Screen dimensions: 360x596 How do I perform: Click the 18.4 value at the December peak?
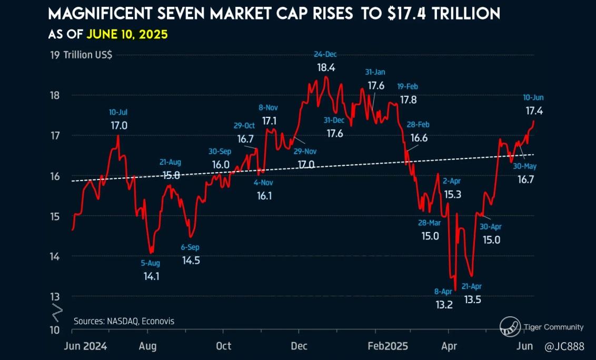[x=326, y=67]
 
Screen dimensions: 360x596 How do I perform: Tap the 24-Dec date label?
[x=325, y=55]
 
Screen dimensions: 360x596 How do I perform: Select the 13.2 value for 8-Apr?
[x=444, y=305]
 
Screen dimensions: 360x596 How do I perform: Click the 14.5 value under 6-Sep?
[x=191, y=260]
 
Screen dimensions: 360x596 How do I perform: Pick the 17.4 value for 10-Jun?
[x=534, y=111]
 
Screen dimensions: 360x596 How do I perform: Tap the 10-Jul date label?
[x=118, y=112]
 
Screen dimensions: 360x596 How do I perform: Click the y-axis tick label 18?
[x=54, y=95]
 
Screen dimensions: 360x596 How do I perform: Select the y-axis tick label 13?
[x=54, y=296]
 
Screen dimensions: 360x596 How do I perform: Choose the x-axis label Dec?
[x=299, y=346]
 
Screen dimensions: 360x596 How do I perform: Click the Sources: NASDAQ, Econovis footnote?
[x=124, y=321]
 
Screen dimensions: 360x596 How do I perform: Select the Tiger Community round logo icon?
[x=510, y=327]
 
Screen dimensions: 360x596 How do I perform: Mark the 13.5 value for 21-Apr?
[x=472, y=299]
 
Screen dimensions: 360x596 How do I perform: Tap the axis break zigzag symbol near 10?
[x=56, y=312]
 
